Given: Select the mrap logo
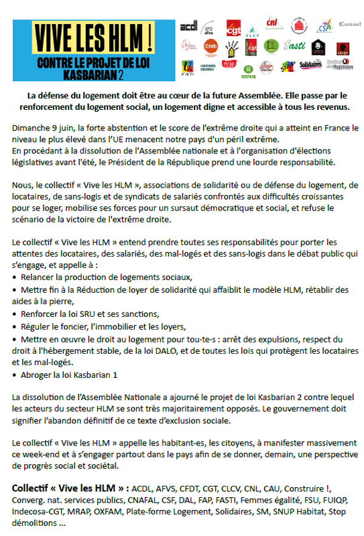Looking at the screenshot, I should [229, 65].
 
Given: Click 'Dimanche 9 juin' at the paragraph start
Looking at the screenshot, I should [44, 127].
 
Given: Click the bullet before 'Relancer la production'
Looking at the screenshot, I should [15, 277].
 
